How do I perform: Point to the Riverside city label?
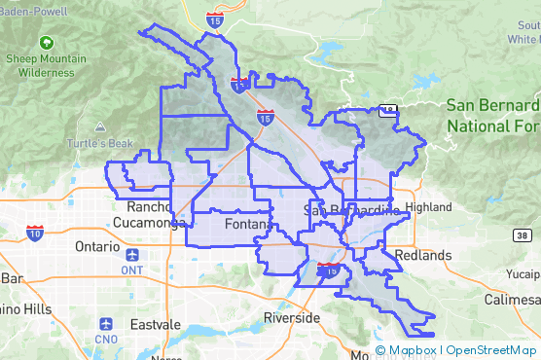[x=292, y=318]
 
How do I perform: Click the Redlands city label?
[x=424, y=255]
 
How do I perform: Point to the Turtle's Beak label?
[x=100, y=144]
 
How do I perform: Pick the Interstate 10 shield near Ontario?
[x=35, y=233]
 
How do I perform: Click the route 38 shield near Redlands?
[x=522, y=235]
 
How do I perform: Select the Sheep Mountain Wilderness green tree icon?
[x=46, y=43]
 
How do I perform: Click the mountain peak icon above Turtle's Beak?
[x=100, y=127]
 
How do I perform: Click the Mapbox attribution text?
[x=414, y=350]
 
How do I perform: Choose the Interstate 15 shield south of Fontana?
[x=330, y=270]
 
